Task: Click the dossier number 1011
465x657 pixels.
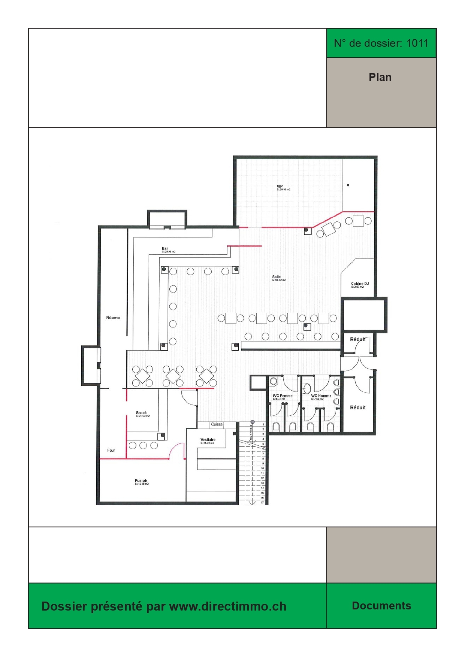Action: tap(417, 43)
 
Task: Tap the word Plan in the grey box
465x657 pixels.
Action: tap(380, 77)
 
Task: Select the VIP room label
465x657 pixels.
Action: tap(280, 187)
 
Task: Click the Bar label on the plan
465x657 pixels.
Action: tap(165, 249)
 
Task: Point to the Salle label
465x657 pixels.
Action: tap(277, 277)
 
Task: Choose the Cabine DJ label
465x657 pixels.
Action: tap(360, 284)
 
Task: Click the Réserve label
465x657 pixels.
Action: tap(113, 318)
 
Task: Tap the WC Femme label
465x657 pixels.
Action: tap(283, 396)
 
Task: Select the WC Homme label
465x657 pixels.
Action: tap(321, 396)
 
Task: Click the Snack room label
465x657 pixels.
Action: tap(141, 413)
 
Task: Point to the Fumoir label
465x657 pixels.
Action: tap(141, 481)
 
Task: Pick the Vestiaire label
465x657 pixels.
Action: tap(208, 440)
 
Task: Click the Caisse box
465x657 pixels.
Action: tap(217, 424)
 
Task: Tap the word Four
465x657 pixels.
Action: tap(111, 450)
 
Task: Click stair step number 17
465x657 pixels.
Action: tap(263, 502)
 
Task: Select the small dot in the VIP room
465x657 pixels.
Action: tap(348, 185)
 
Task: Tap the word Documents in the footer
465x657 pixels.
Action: tap(381, 606)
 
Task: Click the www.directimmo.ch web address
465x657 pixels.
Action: tap(228, 606)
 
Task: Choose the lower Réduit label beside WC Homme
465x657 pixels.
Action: tap(357, 408)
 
